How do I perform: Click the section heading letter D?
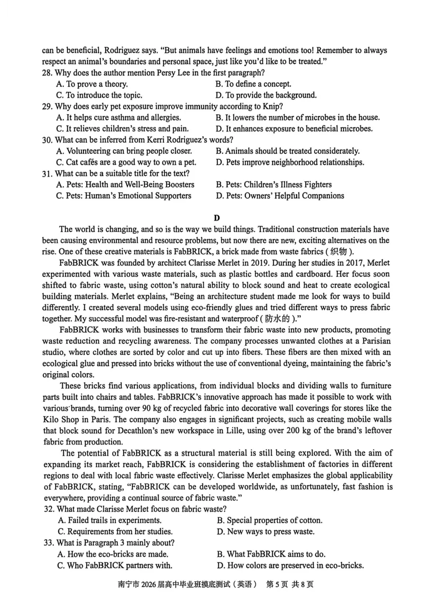click(x=216, y=217)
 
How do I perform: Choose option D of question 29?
click(x=294, y=128)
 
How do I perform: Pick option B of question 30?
click(x=288, y=151)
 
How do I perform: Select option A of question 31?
click(x=125, y=185)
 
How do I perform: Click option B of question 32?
click(x=269, y=520)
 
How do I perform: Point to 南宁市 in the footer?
click(x=130, y=584)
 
